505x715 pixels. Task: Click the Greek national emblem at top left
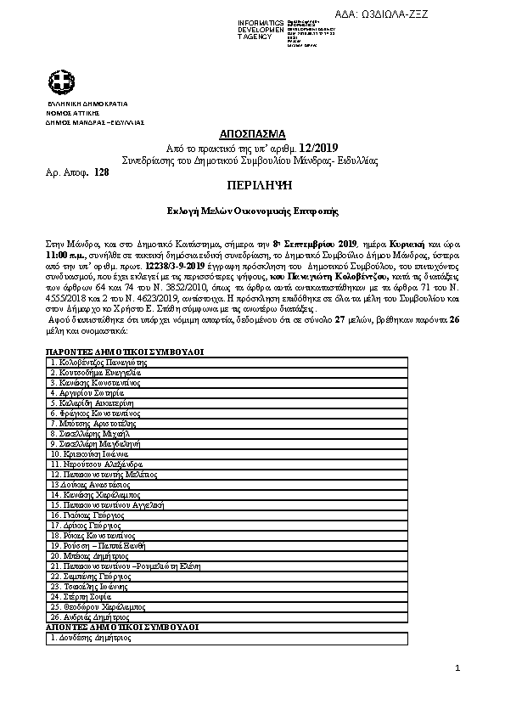(x=61, y=82)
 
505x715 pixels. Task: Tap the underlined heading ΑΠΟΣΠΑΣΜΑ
(x=252, y=135)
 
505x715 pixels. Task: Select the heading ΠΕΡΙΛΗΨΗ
(x=252, y=184)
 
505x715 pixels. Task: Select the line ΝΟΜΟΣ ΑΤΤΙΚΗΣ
(x=74, y=112)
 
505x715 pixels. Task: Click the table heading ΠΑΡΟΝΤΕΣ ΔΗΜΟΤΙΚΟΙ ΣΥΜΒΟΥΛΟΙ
(x=124, y=351)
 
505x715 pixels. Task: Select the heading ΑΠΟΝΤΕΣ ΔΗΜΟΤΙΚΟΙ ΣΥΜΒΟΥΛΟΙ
(x=122, y=626)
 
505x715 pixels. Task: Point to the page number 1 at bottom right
(x=457, y=669)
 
